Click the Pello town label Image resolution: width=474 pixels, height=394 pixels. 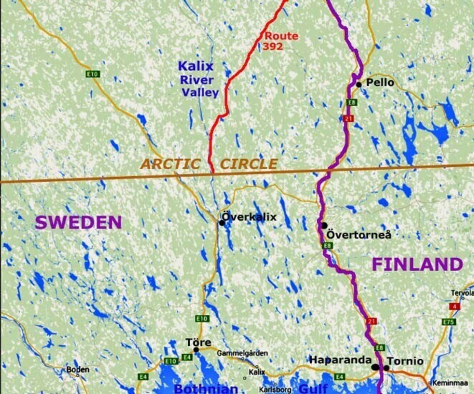coord(380,82)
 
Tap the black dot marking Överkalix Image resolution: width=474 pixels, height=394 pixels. coord(222,223)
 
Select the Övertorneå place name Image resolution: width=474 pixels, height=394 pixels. coord(359,235)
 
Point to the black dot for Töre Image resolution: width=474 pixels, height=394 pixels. coord(196,350)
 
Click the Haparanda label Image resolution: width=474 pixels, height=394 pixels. coord(340,360)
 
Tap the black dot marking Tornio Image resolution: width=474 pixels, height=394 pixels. coord(386,368)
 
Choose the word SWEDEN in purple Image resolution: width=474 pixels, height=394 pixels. coord(79,223)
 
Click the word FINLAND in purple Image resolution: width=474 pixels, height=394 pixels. coord(417,264)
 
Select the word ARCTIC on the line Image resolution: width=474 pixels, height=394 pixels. coord(170,164)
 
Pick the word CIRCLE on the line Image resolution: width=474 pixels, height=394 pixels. coord(249,164)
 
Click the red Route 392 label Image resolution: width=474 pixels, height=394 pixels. coord(280,41)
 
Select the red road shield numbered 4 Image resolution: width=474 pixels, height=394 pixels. coord(455,307)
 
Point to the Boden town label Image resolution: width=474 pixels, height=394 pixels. coord(78,369)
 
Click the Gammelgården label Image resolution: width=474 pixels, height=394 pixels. coord(242,353)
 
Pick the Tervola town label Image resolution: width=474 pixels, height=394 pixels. coord(462,293)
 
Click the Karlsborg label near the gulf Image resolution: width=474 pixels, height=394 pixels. coord(275,389)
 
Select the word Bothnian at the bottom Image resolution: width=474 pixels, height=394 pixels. coord(206,389)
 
